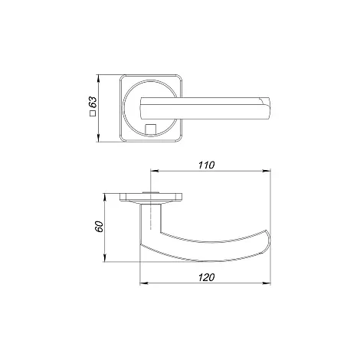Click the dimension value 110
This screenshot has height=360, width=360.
pyautogui.click(x=207, y=165)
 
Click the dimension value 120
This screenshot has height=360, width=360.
pyautogui.click(x=207, y=277)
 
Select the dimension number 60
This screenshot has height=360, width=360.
pyautogui.click(x=99, y=227)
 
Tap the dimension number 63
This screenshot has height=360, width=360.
pyautogui.click(x=93, y=103)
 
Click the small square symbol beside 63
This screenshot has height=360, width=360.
pyautogui.click(x=93, y=113)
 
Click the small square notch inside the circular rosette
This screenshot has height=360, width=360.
pyautogui.click(x=150, y=129)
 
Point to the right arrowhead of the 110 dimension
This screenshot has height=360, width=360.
pyautogui.click(x=267, y=171)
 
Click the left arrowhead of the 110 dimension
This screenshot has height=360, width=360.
pyautogui.click(x=155, y=171)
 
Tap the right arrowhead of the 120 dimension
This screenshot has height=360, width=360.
pyautogui.click(x=267, y=283)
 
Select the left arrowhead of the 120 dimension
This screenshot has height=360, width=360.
pyautogui.click(x=144, y=283)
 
